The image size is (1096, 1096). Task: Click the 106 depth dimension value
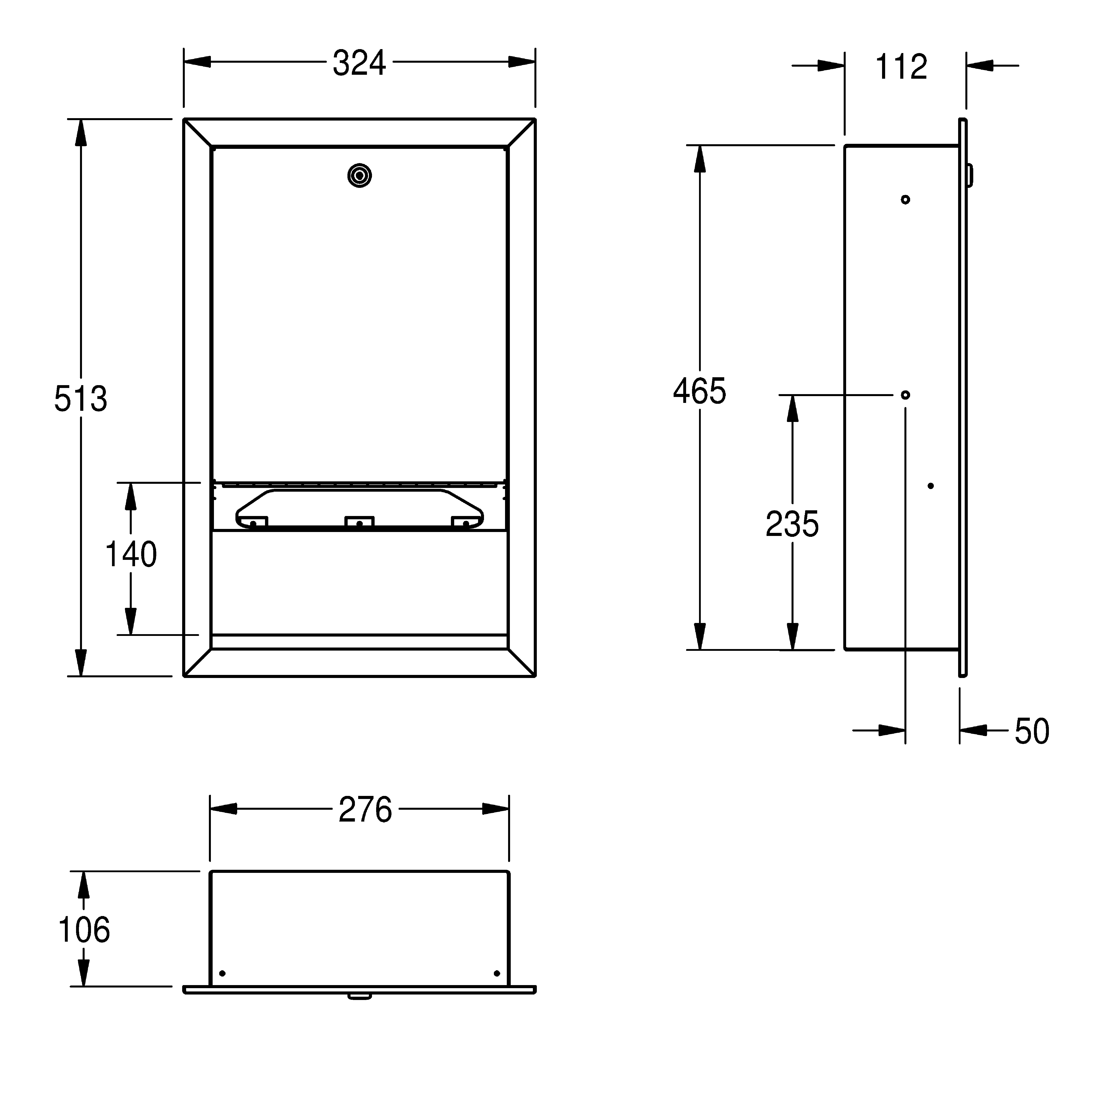point(84,930)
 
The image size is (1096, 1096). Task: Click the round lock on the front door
point(360,176)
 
